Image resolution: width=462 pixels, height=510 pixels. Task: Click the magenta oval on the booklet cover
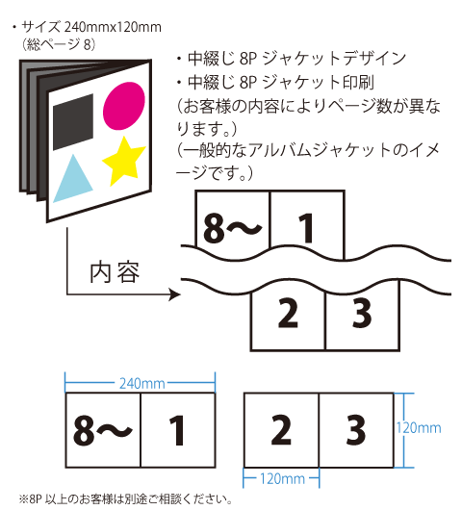point(124,106)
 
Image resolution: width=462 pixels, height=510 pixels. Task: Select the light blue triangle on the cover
point(73,179)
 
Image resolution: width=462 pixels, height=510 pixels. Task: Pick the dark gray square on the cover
point(73,122)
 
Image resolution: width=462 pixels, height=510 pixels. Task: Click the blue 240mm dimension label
point(142,384)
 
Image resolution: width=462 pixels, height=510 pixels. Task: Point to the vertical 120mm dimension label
point(419,427)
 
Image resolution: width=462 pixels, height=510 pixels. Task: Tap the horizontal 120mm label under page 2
point(282,479)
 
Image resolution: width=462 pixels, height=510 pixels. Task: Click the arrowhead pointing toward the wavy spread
point(175,294)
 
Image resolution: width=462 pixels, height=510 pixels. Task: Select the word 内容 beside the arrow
point(115,272)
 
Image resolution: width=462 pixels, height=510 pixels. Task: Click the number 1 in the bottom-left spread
point(177,430)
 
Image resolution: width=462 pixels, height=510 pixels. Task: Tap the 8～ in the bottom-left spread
point(102,430)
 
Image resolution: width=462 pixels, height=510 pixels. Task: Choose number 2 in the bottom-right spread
point(281,430)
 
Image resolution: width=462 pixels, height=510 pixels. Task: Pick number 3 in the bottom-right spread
point(355,430)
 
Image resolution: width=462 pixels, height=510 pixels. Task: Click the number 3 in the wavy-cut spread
point(362,314)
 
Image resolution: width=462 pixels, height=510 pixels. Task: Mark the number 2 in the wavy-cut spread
point(288,314)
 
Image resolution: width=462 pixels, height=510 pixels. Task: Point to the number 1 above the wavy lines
point(306,228)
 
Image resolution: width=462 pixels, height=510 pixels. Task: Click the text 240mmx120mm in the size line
point(113,27)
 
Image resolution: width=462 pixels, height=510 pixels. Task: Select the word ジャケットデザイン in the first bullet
point(334,59)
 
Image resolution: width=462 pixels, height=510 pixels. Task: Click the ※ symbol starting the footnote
point(24,498)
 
